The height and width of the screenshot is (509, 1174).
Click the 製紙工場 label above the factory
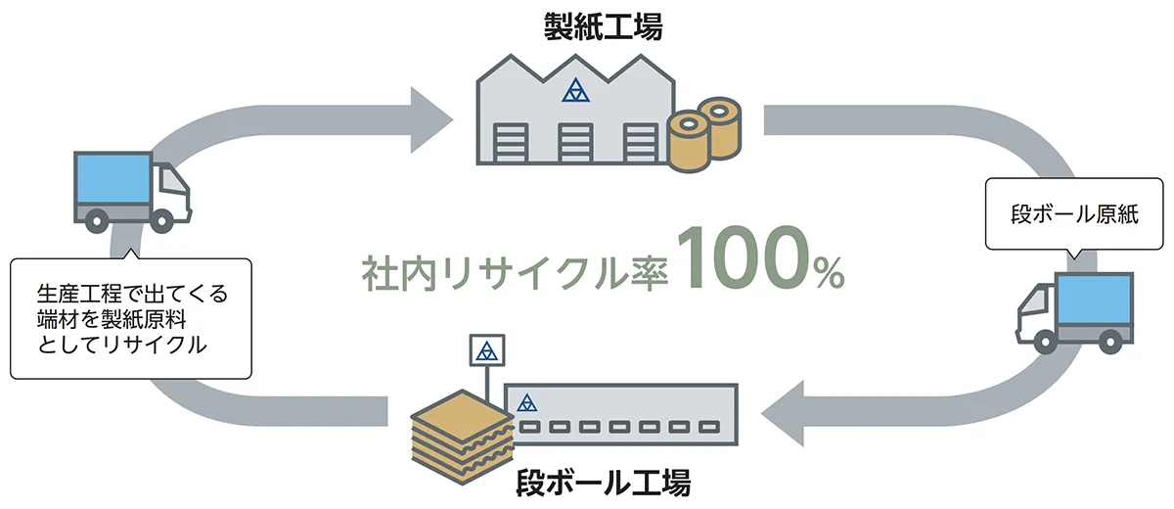(603, 26)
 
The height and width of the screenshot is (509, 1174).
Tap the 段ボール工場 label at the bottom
(604, 484)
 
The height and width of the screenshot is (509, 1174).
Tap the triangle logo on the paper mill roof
(578, 91)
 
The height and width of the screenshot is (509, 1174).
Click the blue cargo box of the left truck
(113, 180)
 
